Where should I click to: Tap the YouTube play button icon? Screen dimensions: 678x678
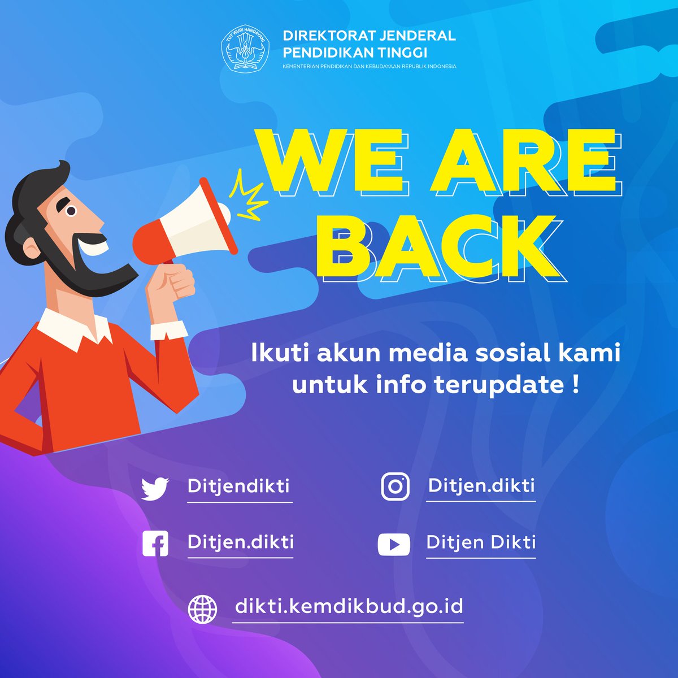pyautogui.click(x=394, y=544)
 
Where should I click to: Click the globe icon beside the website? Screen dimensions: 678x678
pyautogui.click(x=202, y=609)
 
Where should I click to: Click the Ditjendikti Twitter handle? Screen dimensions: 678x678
pyautogui.click(x=238, y=485)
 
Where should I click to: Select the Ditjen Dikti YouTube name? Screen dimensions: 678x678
pyautogui.click(x=481, y=542)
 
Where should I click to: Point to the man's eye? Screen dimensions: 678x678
pyautogui.click(x=71, y=211)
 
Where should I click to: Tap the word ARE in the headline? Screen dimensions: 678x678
pyautogui.click(x=525, y=161)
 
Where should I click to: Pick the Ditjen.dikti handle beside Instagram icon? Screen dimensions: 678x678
pyautogui.click(x=481, y=485)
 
